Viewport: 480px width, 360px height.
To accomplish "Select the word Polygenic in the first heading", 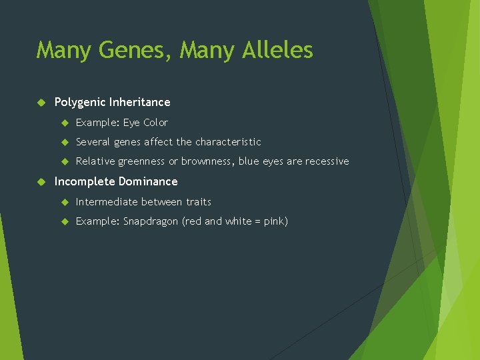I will pyautogui.click(x=80, y=102).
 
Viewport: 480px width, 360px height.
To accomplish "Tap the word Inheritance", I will pyautogui.click(x=140, y=102).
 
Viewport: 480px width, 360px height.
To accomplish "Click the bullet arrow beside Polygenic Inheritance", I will pyautogui.click(x=41, y=102).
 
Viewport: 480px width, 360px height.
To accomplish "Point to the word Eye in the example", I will pyautogui.click(x=131, y=123).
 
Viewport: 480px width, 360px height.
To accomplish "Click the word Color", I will pyautogui.click(x=155, y=123).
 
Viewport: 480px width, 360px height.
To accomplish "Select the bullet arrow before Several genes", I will pyautogui.click(x=65, y=142).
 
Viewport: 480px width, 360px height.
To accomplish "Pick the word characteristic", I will pyautogui.click(x=228, y=142).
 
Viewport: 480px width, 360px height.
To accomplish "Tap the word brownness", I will pyautogui.click(x=207, y=161).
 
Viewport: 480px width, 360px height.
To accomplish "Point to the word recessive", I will pyautogui.click(x=327, y=161).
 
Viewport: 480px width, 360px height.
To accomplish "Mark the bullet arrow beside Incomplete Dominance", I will pyautogui.click(x=41, y=181).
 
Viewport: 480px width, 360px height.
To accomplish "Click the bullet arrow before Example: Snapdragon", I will pyautogui.click(x=65, y=221).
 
